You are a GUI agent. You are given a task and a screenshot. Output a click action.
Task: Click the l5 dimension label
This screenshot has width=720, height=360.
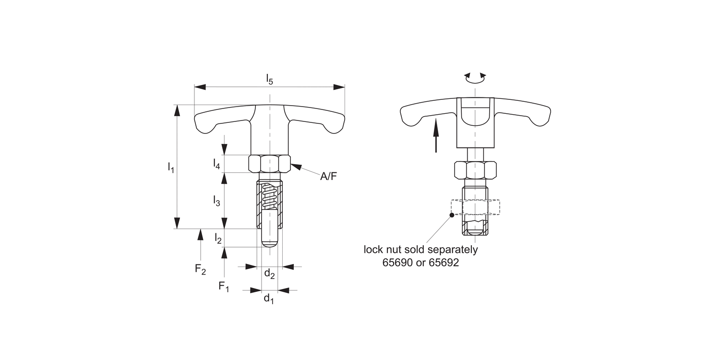point(270,80)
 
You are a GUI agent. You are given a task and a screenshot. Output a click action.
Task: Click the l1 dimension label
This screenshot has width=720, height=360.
point(170,168)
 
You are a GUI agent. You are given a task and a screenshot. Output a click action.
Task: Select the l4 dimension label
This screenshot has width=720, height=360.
point(216,164)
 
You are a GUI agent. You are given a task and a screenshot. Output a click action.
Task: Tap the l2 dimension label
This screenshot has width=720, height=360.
point(218,238)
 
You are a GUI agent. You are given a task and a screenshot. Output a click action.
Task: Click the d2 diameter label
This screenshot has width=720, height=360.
point(269,275)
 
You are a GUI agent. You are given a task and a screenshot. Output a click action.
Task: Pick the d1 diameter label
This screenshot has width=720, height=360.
point(269,299)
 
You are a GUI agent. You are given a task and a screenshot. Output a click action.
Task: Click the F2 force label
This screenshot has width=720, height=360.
point(200,270)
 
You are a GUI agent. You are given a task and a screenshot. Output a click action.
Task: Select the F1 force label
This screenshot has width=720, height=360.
point(224,287)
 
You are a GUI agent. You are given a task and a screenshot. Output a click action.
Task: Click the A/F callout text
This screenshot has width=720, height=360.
point(329,177)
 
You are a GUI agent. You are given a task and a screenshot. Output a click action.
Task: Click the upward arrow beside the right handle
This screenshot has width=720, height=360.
point(436,136)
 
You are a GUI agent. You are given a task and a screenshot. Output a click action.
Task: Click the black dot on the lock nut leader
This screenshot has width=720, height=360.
point(451,215)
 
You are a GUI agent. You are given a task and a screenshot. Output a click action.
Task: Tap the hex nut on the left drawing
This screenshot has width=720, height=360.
point(270,164)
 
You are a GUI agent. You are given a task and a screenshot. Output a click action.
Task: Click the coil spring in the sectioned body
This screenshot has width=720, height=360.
point(270,197)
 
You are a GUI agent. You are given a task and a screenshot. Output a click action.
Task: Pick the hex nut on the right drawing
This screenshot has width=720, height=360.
point(475,169)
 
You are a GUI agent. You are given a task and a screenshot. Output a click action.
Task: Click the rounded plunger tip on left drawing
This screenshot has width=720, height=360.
point(270,242)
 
